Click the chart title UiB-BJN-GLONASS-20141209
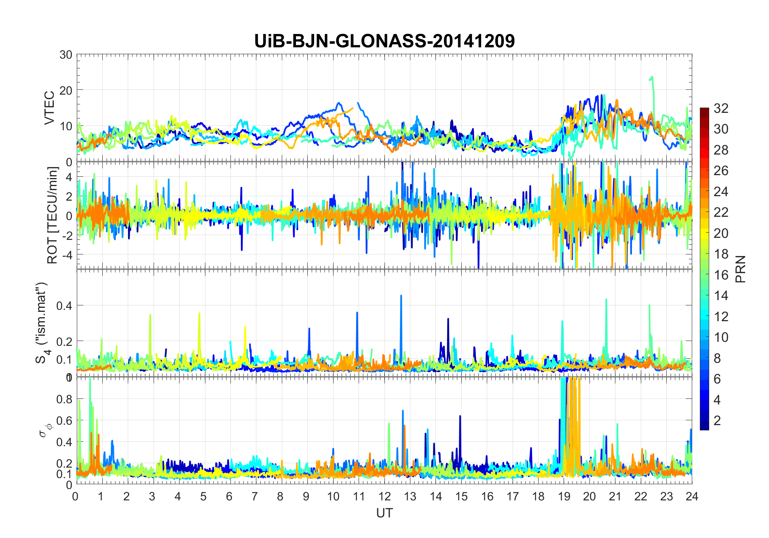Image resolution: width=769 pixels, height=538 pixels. click(x=384, y=41)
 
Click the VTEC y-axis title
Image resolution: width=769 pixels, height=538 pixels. click(x=49, y=108)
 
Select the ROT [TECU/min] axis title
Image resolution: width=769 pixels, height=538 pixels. click(x=53, y=215)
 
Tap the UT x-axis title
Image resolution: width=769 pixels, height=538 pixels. click(x=384, y=513)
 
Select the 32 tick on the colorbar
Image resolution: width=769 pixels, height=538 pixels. click(x=721, y=108)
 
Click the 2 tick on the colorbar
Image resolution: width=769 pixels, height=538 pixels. click(x=717, y=421)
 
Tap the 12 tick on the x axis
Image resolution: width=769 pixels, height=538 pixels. click(x=384, y=496)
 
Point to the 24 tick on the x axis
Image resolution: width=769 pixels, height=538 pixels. click(x=692, y=496)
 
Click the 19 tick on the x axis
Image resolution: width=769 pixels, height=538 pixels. click(x=564, y=496)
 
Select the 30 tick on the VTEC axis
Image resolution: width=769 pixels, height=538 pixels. click(x=66, y=55)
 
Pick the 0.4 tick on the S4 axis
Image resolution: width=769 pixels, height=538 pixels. click(x=64, y=305)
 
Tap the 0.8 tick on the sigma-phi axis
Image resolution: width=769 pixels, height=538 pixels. click(x=64, y=399)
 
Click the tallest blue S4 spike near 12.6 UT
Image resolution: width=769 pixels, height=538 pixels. click(x=401, y=296)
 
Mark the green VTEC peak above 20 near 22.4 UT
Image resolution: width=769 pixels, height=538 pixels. click(x=652, y=77)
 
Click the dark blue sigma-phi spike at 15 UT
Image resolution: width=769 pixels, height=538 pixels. click(x=460, y=416)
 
